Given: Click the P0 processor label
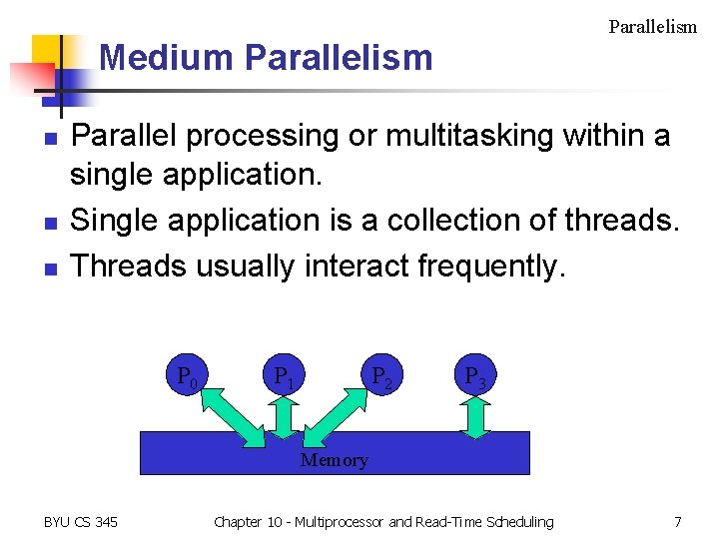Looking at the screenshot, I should [x=187, y=378].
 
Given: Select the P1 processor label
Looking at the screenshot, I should [x=284, y=378].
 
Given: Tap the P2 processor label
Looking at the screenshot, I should [x=380, y=378].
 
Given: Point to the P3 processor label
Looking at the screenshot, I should [x=475, y=378].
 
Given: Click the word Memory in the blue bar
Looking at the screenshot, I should [x=334, y=460].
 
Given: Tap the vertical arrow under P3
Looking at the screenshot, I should [x=476, y=417].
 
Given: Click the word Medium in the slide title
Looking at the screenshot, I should [x=166, y=58].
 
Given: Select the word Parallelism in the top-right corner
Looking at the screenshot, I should [x=652, y=27].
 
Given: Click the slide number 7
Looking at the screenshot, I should [x=678, y=521].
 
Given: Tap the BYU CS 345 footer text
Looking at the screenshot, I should [x=81, y=521].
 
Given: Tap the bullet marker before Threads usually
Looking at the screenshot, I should [x=49, y=269].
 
